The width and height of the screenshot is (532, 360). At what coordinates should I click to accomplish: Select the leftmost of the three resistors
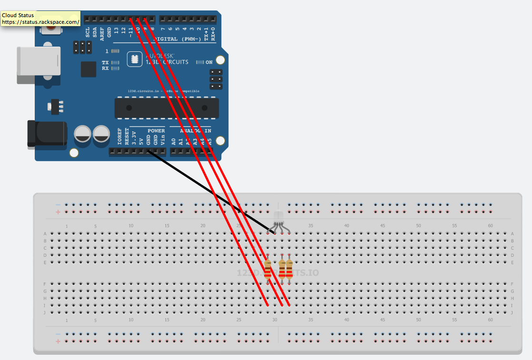click(x=268, y=270)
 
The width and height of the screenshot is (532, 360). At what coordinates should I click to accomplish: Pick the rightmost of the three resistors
click(x=289, y=270)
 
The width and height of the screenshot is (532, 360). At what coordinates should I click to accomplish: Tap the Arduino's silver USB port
click(x=39, y=61)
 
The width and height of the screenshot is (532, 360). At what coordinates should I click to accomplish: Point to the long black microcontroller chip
click(x=167, y=108)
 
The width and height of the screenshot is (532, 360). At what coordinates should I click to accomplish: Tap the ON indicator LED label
click(x=209, y=62)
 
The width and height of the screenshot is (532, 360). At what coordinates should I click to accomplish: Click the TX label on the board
click(x=105, y=62)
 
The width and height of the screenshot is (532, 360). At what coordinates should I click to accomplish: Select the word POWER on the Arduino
click(x=156, y=130)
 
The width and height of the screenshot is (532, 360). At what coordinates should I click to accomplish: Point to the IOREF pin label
click(x=119, y=136)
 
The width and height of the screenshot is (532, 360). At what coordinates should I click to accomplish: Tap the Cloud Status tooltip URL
click(x=40, y=22)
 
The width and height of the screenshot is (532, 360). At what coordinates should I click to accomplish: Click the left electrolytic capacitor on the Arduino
click(x=83, y=133)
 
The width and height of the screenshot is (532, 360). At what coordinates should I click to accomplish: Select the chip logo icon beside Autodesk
click(x=135, y=59)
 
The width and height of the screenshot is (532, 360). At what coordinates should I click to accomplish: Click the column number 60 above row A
click(x=490, y=226)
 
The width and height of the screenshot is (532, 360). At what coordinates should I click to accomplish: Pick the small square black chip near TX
click(x=89, y=69)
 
